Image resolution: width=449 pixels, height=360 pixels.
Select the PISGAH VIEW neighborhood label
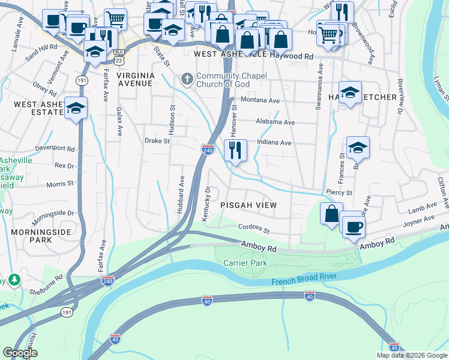click(248, 205)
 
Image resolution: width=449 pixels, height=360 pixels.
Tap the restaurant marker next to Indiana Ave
click(235, 149)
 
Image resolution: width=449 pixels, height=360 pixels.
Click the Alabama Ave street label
click(275, 122)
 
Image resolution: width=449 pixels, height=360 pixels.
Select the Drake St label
click(158, 142)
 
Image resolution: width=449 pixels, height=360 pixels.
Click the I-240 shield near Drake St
click(208, 149)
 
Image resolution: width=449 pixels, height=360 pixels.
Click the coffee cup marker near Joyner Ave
click(352, 226)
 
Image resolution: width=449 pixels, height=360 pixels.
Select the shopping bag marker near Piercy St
click(331, 214)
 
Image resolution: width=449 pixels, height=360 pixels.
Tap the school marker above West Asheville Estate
click(76, 108)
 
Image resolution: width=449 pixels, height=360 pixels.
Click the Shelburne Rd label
click(46, 284)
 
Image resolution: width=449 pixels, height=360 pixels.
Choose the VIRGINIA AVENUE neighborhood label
click(136, 79)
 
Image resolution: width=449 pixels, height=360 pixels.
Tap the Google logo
click(20, 353)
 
